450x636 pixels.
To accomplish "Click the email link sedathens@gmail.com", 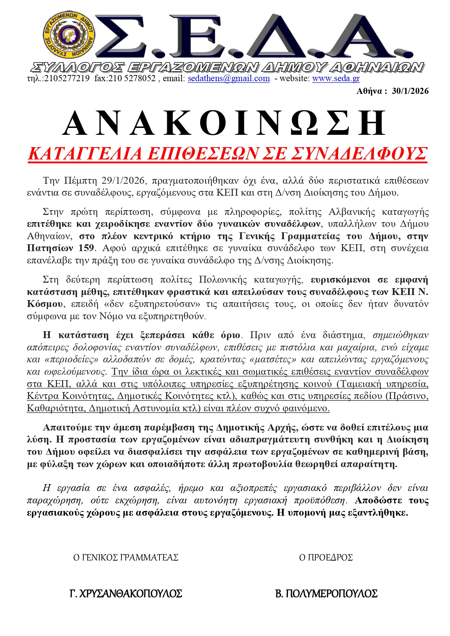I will pyautogui.click(x=228, y=78).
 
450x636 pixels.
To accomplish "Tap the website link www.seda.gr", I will pyautogui.click(x=336, y=78).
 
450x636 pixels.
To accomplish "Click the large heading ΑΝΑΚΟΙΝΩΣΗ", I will pyautogui.click(x=225, y=124).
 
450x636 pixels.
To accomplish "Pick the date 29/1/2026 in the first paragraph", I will pyautogui.click(x=123, y=180).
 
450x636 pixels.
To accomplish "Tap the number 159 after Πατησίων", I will pyautogui.click(x=86, y=248).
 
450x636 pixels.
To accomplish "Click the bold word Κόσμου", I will pyautogui.click(x=42, y=304).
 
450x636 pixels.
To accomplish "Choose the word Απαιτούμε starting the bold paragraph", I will pyautogui.click(x=67, y=428).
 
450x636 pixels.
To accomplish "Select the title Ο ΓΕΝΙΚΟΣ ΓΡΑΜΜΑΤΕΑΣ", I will pyautogui.click(x=126, y=557).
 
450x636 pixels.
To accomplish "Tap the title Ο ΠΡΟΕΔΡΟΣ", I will pyautogui.click(x=326, y=557).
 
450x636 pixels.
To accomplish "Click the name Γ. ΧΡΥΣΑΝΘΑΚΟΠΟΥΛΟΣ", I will pyautogui.click(x=125, y=594).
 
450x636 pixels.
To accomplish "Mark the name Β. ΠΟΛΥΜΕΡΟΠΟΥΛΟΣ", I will pyautogui.click(x=326, y=594).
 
